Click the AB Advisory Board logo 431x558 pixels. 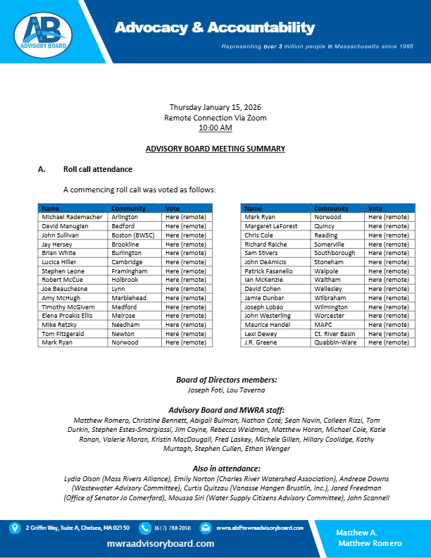tap(44, 32)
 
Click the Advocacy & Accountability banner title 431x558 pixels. tap(215, 28)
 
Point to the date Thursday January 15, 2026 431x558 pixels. tap(216, 107)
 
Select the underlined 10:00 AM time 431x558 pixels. tap(216, 128)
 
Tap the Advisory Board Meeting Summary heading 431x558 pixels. tap(216, 149)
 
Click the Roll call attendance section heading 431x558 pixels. tap(98, 170)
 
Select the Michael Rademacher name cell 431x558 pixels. tap(72, 217)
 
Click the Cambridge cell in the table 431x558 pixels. tap(127, 262)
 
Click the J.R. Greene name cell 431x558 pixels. tap(260, 342)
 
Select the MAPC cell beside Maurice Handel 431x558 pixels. tap(325, 325)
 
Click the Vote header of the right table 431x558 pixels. tap(375, 209)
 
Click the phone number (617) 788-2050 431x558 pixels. tap(170, 527)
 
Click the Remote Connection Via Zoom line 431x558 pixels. tap(216, 118)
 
